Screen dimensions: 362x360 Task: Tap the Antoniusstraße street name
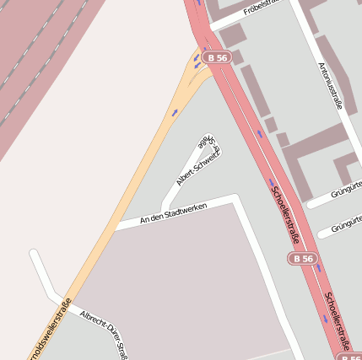[330, 85]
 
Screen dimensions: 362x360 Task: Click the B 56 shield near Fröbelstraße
[218, 57]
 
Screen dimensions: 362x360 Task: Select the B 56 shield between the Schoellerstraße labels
[301, 258]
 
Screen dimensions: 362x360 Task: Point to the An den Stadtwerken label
[173, 212]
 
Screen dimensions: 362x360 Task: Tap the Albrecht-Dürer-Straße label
[103, 331]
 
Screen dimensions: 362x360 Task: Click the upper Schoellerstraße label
[284, 212]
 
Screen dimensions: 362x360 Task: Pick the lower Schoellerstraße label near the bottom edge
[338, 321]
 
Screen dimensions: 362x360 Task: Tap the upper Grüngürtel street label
[346, 187]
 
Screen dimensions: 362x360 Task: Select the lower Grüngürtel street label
[347, 225]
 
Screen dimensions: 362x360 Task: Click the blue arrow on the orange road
[175, 112]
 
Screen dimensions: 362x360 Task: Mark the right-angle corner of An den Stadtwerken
[235, 199]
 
